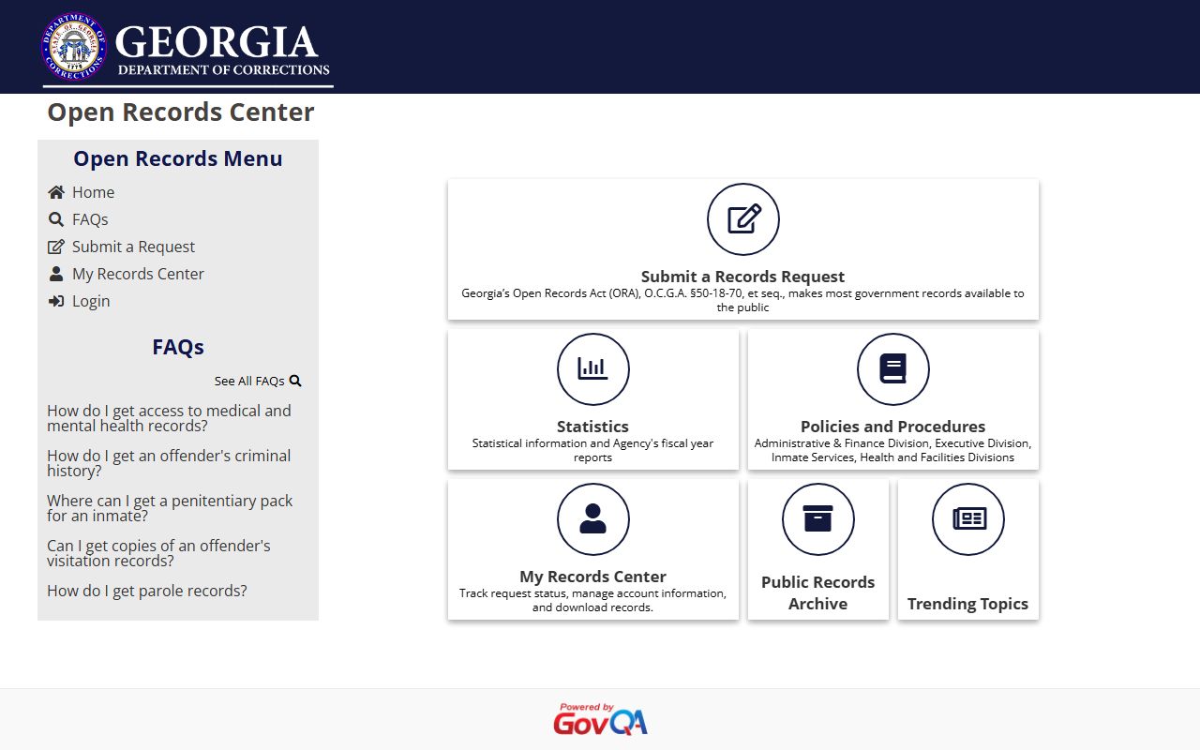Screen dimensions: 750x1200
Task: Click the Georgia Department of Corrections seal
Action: coord(74,47)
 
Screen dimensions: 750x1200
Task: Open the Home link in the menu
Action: coord(93,192)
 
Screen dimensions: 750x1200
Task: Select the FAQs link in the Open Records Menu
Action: coord(90,219)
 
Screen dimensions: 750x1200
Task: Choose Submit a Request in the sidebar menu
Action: coord(133,247)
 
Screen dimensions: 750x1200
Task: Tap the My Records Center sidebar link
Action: coord(138,274)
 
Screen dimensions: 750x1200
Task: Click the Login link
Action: coord(91,301)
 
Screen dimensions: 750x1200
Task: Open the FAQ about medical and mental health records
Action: coord(169,418)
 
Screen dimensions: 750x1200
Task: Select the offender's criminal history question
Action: coord(169,463)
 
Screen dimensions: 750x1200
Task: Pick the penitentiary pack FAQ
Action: coord(170,508)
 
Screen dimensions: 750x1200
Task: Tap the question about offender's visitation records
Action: coord(158,553)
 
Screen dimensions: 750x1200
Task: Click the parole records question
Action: coord(147,591)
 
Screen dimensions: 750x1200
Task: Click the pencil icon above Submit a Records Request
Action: coord(743,219)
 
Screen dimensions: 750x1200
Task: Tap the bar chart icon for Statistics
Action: coord(593,369)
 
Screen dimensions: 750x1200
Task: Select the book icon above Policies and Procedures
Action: coord(893,369)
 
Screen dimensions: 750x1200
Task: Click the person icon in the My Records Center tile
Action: coord(593,519)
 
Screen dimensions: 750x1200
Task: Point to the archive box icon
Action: coord(818,519)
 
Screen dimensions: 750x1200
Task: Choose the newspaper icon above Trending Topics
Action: coord(968,519)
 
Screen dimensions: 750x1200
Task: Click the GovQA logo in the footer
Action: coord(600,720)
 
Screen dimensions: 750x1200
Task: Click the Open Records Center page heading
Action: coord(181,112)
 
